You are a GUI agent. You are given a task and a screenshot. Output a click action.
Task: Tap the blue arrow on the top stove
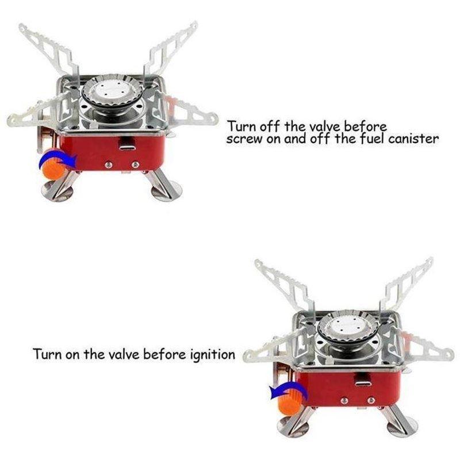(53, 158)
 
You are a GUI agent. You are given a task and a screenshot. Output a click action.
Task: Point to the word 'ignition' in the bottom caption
(212, 354)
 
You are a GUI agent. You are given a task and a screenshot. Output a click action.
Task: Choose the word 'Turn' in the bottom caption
(46, 354)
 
